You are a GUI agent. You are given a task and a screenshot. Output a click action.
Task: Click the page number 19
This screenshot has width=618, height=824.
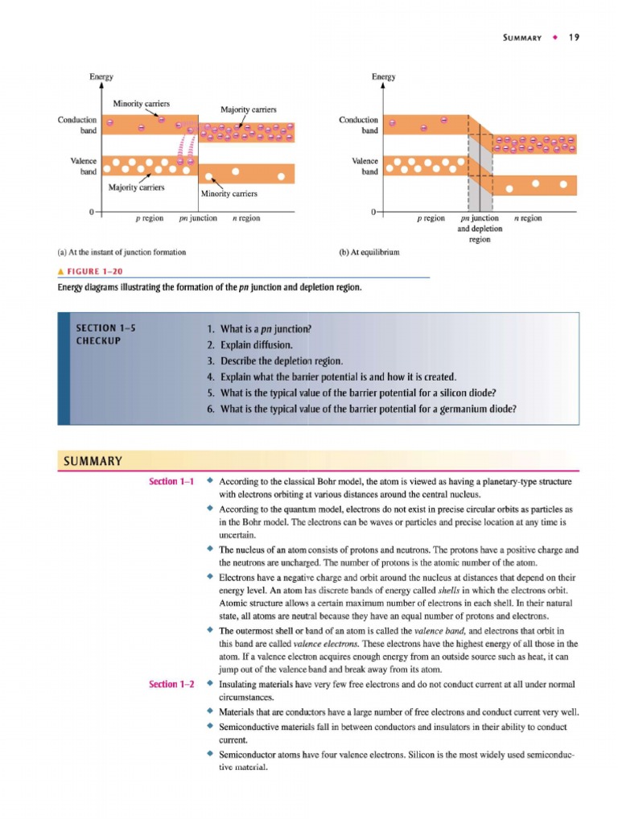coord(575,37)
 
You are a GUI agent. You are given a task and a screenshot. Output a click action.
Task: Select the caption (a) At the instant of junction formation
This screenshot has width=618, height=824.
coord(122,252)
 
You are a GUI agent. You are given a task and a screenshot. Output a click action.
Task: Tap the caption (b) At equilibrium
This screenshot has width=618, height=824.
coord(369,252)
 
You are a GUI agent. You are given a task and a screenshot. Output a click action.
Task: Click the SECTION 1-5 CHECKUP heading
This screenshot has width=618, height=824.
coord(105,335)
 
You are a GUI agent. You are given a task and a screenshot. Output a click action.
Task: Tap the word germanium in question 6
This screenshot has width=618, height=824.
coord(459,409)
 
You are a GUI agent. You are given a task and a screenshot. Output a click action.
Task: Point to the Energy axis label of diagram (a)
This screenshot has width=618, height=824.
coord(101,77)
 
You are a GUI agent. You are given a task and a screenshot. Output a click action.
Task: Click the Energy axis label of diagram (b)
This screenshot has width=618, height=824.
coord(383,77)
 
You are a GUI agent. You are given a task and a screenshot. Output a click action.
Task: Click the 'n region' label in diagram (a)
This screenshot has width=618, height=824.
coord(245,218)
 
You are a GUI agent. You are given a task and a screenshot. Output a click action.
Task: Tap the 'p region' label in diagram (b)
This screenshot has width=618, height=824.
coord(431,218)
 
